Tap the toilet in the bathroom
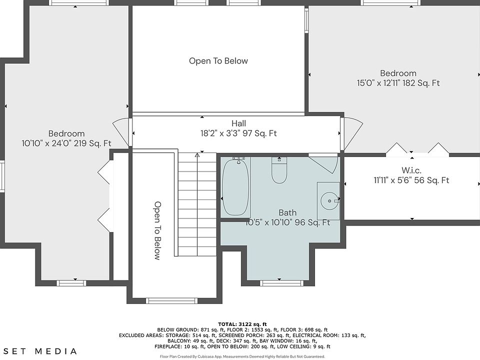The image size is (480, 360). click(279, 170)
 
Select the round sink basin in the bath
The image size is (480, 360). click(329, 201)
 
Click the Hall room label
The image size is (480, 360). click(239, 123)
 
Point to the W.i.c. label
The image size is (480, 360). click(411, 170)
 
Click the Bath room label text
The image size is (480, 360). click(287, 212)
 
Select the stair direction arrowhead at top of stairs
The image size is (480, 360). click(197, 155)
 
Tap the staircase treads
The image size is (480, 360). click(197, 204)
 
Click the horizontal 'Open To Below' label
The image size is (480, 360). click(218, 61)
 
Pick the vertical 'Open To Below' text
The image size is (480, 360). click(157, 230)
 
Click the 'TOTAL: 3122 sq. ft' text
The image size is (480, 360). click(242, 324)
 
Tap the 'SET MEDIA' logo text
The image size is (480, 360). click(40, 351)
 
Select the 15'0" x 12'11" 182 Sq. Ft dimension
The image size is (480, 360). click(398, 83)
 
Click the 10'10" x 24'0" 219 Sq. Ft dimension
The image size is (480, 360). click(66, 143)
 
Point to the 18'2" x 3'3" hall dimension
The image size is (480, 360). click(239, 133)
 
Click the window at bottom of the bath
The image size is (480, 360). click(279, 283)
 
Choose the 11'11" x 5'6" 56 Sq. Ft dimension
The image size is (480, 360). click(411, 180)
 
